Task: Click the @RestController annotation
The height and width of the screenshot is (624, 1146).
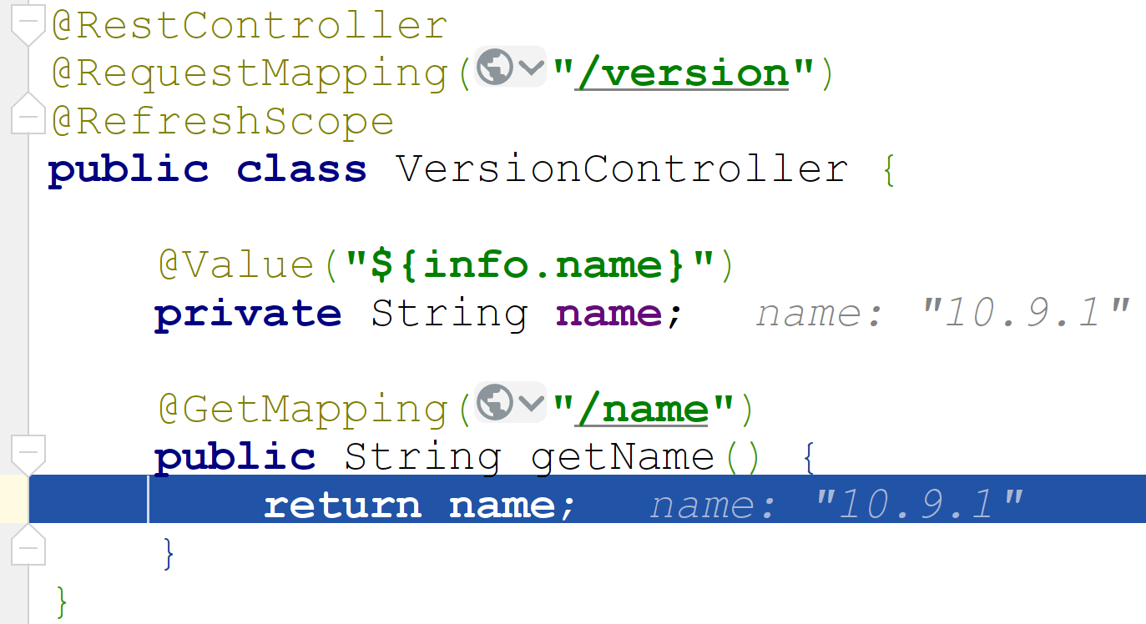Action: (250, 26)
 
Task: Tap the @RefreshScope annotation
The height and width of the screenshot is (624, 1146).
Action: (223, 122)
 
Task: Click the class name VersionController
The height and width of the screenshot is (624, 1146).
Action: (622, 169)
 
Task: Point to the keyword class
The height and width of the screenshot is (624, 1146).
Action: (301, 169)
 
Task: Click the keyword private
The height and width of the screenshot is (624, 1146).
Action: (248, 314)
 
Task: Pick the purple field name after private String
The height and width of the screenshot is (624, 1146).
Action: (608, 314)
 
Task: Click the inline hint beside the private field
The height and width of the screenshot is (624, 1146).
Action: (942, 314)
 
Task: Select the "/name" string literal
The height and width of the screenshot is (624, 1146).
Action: (642, 410)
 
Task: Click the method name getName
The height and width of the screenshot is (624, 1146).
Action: (623, 457)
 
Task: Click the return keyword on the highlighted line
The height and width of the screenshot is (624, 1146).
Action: (342, 506)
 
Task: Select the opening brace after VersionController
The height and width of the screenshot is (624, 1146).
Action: (887, 171)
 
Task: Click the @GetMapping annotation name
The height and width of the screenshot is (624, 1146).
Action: (305, 410)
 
